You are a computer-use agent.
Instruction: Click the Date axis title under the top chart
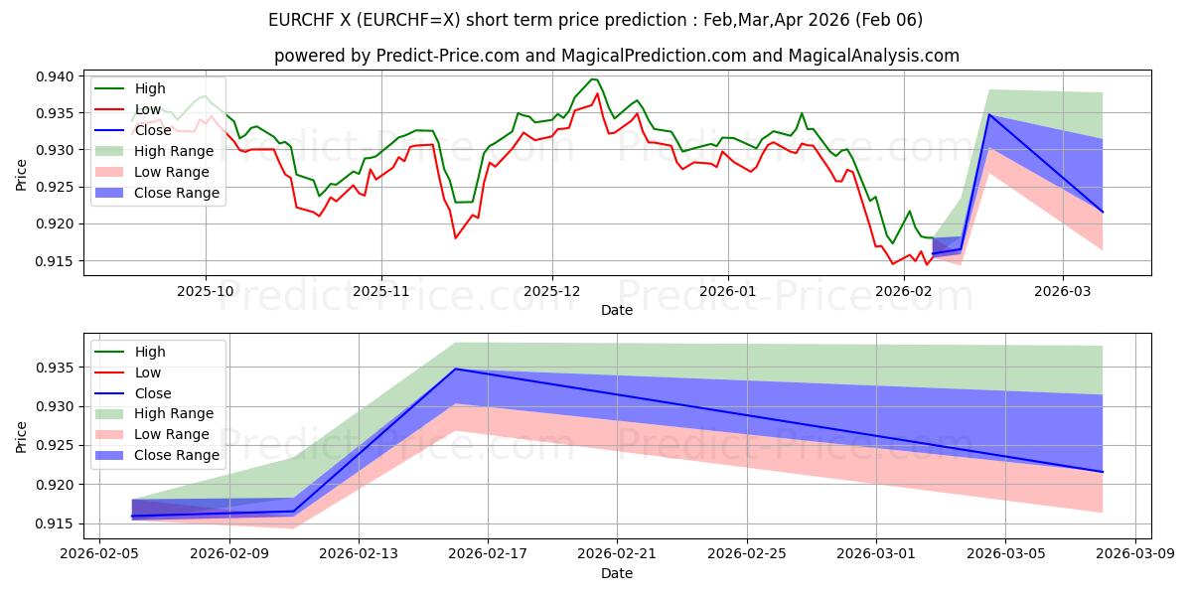pos(617,311)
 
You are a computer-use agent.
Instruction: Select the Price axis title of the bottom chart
pos(22,435)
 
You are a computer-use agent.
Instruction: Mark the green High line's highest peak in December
pos(592,78)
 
